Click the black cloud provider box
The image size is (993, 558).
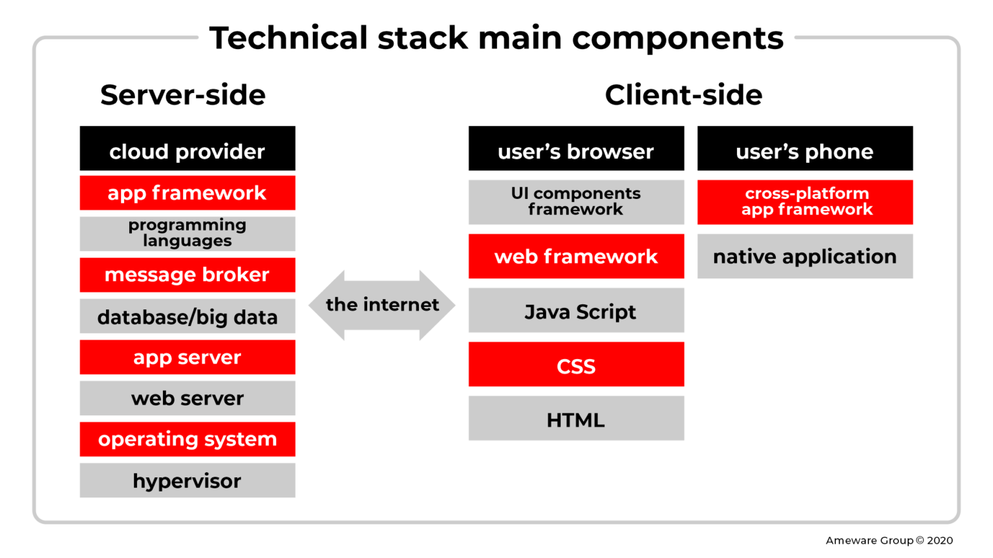[187, 149]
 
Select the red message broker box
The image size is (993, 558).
[187, 274]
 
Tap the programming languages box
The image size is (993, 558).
[187, 233]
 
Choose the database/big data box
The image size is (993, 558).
[187, 316]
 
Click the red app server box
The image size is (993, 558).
[187, 357]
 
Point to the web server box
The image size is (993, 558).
[187, 398]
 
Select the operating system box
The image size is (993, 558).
[187, 439]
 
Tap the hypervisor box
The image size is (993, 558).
[187, 480]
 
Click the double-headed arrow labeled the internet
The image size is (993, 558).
[382, 305]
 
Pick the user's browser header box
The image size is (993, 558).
[576, 149]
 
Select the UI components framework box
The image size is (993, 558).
[576, 201]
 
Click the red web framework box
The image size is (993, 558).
[576, 256]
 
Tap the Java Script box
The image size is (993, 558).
[576, 311]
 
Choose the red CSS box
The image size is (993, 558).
[576, 365]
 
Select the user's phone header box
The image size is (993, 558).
[805, 149]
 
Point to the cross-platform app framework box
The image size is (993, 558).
[805, 201]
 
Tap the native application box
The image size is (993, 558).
[805, 256]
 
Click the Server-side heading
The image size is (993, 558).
[183, 95]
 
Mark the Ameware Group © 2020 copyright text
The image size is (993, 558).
[889, 541]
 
